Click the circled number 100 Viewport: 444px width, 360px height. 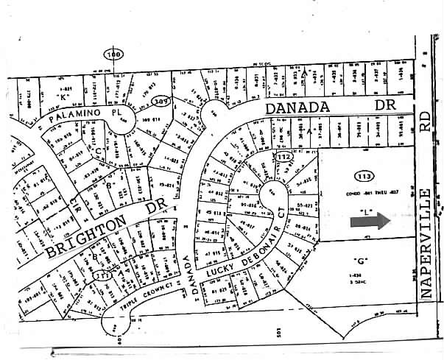(x=113, y=54)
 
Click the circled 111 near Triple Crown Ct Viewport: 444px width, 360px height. (x=101, y=275)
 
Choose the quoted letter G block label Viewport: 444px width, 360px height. (x=360, y=260)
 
